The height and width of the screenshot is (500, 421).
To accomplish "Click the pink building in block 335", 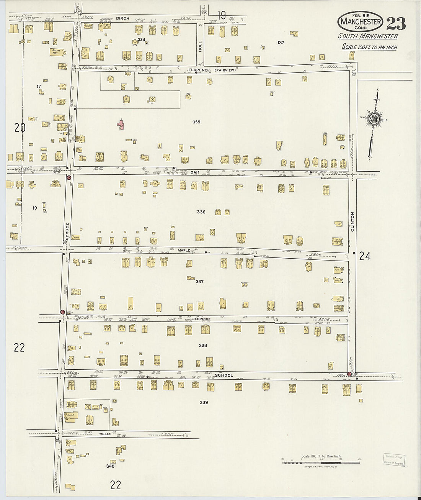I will tap(121, 125).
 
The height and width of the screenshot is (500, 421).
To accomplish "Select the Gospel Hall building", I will tap(56, 52).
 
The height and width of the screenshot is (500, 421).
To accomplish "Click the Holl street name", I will tap(200, 47).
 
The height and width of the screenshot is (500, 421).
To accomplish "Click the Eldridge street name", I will tap(202, 319).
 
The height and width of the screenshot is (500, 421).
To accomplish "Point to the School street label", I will tap(224, 375).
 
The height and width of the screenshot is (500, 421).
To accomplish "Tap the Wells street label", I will tap(105, 434).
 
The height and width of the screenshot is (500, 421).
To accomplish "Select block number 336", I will tap(201, 212).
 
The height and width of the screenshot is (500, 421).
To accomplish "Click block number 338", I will tap(203, 346).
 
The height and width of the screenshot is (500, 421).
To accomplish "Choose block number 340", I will tap(110, 466).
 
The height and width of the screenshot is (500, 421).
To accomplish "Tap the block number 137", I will tap(281, 43).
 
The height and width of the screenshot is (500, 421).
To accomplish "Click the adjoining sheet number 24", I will tap(364, 256).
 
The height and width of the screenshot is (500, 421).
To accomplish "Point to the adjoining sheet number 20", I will tap(20, 128).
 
